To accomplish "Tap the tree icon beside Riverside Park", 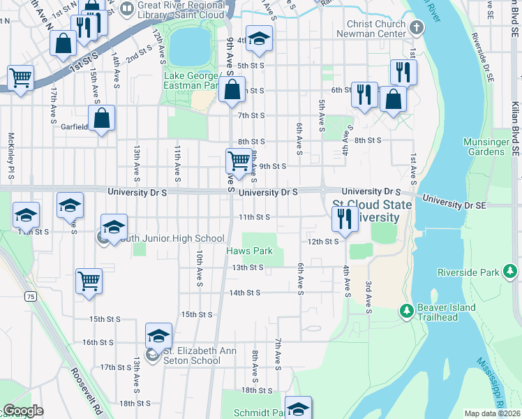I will pyautogui.click(x=510, y=271).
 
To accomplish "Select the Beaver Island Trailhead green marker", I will pyautogui.click(x=406, y=309).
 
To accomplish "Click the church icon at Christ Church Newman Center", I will pyautogui.click(x=417, y=29).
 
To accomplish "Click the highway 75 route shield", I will pyautogui.click(x=30, y=297).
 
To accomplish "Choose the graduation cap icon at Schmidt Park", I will pyautogui.click(x=298, y=408).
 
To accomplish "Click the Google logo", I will pyautogui.click(x=23, y=411).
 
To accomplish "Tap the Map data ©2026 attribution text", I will pyautogui.click(x=491, y=413).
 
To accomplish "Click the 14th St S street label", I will pyautogui.click(x=244, y=293).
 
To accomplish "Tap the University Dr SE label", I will pyautogui.click(x=451, y=204).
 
